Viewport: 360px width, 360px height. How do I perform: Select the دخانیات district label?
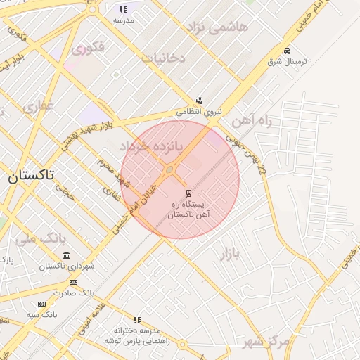163,58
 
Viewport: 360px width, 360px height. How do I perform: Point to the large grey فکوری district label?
87,48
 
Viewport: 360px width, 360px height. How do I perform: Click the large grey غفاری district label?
38,106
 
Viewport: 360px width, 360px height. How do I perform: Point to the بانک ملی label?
35,238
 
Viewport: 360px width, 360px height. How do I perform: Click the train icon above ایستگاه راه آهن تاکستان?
188,193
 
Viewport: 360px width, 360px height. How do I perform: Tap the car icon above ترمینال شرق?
287,51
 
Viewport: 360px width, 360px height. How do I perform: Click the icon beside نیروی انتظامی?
199,101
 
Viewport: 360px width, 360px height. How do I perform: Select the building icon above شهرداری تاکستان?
66,255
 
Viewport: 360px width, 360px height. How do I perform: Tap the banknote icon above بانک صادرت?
74,282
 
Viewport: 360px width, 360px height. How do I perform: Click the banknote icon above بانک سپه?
41,304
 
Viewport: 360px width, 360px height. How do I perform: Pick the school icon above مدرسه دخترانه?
137,320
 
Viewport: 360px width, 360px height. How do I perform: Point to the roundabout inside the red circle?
169,170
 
